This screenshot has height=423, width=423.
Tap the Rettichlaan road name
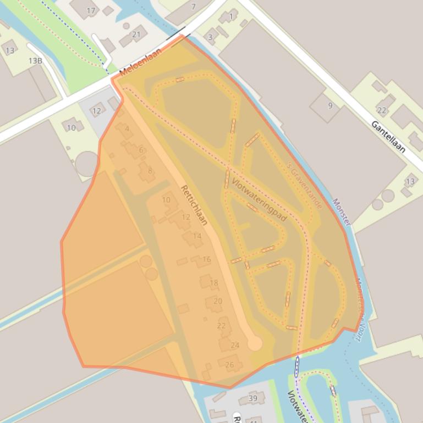pyautogui.click(x=194, y=205)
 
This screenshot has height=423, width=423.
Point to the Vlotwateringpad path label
pyautogui.click(x=259, y=199)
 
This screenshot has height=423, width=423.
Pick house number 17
pyautogui.click(x=91, y=10)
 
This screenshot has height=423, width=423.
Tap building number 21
pyautogui.click(x=136, y=34)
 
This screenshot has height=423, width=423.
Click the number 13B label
pyautogui.click(x=35, y=60)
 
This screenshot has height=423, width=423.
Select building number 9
pyautogui.click(x=330, y=105)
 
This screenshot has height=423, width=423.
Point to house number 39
pyautogui.click(x=252, y=398)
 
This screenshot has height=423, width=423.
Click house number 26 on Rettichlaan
pyautogui.click(x=229, y=364)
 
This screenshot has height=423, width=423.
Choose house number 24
pyautogui.click(x=235, y=345)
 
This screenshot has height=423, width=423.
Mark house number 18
pyautogui.click(x=214, y=283)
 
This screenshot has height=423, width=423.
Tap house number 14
pyautogui.click(x=197, y=236)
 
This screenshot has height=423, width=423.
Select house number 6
pyautogui.click(x=141, y=150)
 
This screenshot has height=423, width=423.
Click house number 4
pyautogui.click(x=127, y=129)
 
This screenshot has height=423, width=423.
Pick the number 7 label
pyautogui.click(x=193, y=7)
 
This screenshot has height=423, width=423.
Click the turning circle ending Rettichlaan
pyautogui.click(x=254, y=344)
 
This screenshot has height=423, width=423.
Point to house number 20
pyautogui.click(x=218, y=301)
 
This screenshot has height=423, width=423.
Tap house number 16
pyautogui.click(x=206, y=259)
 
